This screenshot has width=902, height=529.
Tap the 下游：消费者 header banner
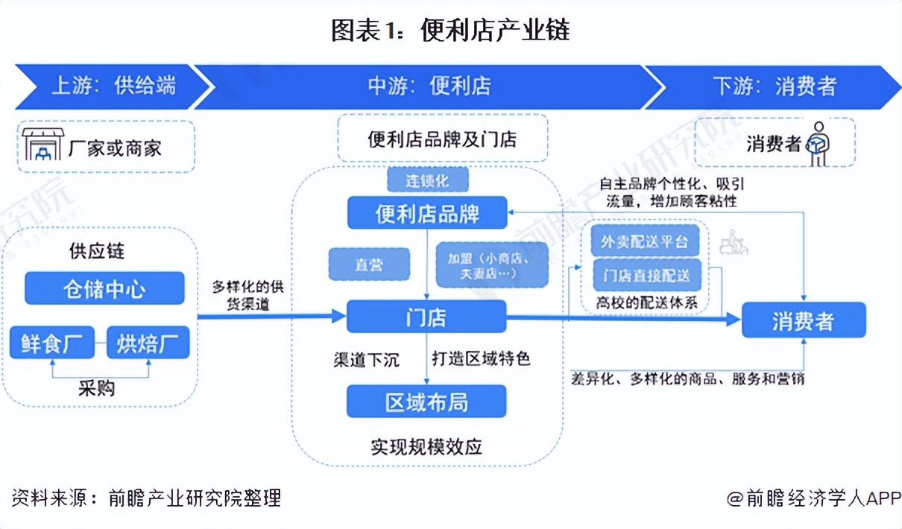pyautogui.click(x=775, y=86)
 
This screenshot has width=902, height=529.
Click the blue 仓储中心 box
pyautogui.click(x=104, y=288)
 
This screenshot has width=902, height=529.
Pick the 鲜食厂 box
pyautogui.click(x=52, y=343)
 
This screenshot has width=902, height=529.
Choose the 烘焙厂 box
pyautogui.click(x=148, y=343)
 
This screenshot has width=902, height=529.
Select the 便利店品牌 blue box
pyautogui.click(x=427, y=213)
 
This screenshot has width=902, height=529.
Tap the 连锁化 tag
pyautogui.click(x=428, y=180)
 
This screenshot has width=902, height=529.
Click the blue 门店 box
pyautogui.click(x=427, y=317)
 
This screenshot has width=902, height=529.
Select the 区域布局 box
pyautogui.click(x=427, y=402)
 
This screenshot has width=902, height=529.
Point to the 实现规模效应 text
pyautogui.click(x=427, y=447)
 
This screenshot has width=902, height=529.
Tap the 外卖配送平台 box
pyautogui.click(x=646, y=241)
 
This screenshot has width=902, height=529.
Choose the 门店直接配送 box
pyautogui.click(x=646, y=276)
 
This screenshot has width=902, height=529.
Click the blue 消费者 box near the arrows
pyautogui.click(x=804, y=321)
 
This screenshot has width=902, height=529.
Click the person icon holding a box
pyautogui.click(x=819, y=143)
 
